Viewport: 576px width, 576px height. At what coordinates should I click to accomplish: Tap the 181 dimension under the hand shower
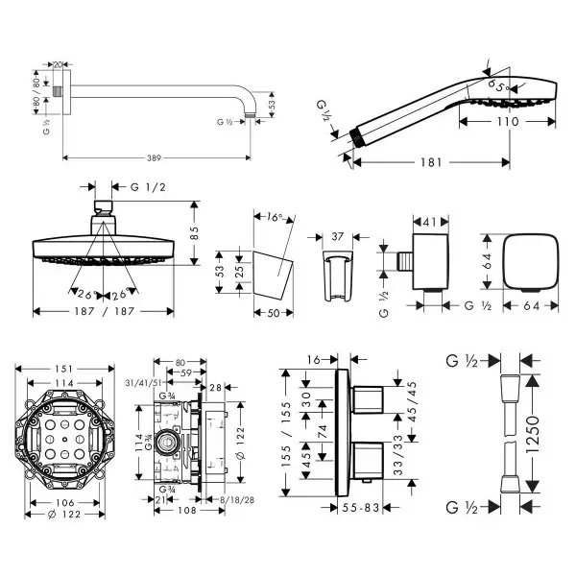click(431, 162)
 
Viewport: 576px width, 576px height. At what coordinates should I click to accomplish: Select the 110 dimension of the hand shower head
click(508, 122)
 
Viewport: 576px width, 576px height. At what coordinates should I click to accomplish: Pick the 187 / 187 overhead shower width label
click(104, 312)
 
